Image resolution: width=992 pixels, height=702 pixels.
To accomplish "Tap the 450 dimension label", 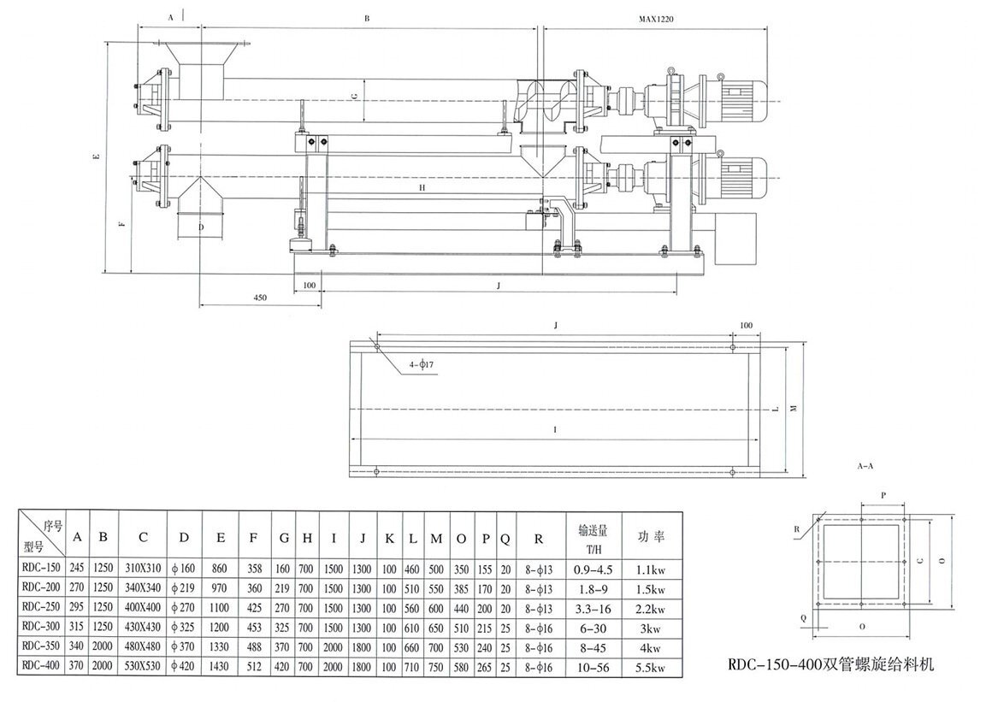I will tap(260, 298).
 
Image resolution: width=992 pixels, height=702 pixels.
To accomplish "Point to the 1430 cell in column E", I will tap(221, 664).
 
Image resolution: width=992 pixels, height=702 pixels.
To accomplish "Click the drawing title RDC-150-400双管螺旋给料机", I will tap(825, 664).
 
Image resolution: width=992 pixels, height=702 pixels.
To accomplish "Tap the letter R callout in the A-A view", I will tap(796, 528).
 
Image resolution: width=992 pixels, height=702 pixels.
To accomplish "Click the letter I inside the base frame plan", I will tap(556, 428).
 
